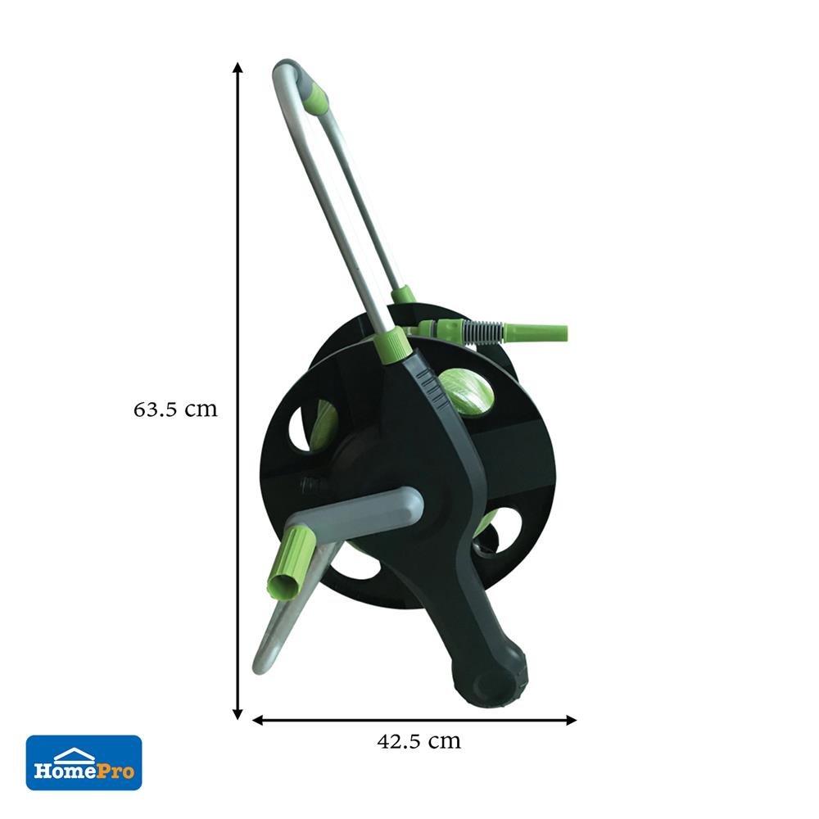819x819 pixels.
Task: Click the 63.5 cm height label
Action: [x=175, y=409]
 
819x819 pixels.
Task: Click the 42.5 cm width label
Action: [x=419, y=741]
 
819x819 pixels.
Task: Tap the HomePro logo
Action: [x=84, y=762]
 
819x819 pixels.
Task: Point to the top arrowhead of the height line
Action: [x=238, y=68]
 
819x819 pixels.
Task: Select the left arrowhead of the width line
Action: [x=258, y=720]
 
